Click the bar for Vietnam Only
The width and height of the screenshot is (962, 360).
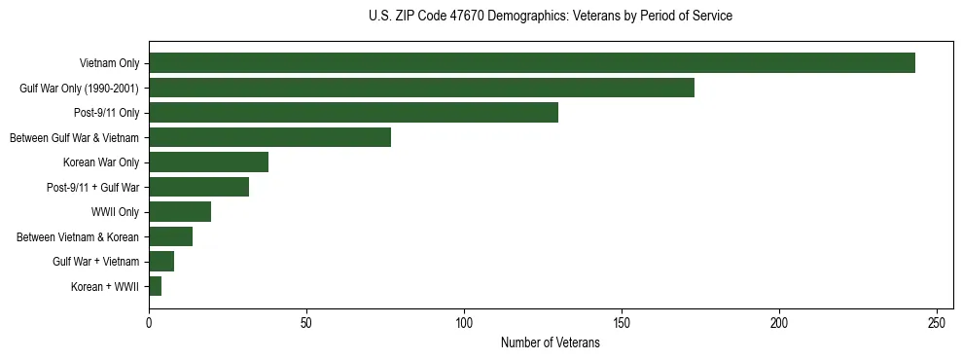pyautogui.click(x=532, y=63)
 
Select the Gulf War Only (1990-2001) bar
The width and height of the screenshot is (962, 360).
pyautogui.click(x=421, y=88)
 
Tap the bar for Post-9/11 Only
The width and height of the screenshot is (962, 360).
pyautogui.click(x=353, y=113)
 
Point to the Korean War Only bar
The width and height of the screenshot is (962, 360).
pyautogui.click(x=208, y=162)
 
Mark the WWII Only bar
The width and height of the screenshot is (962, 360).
pyautogui.click(x=180, y=212)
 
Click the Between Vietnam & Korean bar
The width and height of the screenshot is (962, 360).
pyautogui.click(x=170, y=236)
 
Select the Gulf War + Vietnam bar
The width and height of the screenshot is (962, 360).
pyautogui.click(x=161, y=262)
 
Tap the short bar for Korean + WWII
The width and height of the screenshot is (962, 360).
pyautogui.click(x=155, y=286)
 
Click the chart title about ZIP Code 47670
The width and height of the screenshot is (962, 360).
pyautogui.click(x=551, y=17)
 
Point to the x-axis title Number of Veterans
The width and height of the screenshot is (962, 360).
pyautogui.click(x=551, y=343)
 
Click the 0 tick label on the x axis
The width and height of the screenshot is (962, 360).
pyautogui.click(x=149, y=322)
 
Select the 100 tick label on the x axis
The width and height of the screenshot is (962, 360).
pyautogui.click(x=464, y=322)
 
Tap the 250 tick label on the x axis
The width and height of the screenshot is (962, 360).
pyautogui.click(x=937, y=322)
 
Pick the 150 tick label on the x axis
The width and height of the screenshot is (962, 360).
pyautogui.click(x=622, y=322)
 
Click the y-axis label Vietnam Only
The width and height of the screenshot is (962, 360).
pyautogui.click(x=109, y=63)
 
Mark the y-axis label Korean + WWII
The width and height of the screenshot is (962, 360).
pyautogui.click(x=105, y=286)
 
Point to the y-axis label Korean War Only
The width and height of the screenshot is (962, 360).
pyautogui.click(x=101, y=162)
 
